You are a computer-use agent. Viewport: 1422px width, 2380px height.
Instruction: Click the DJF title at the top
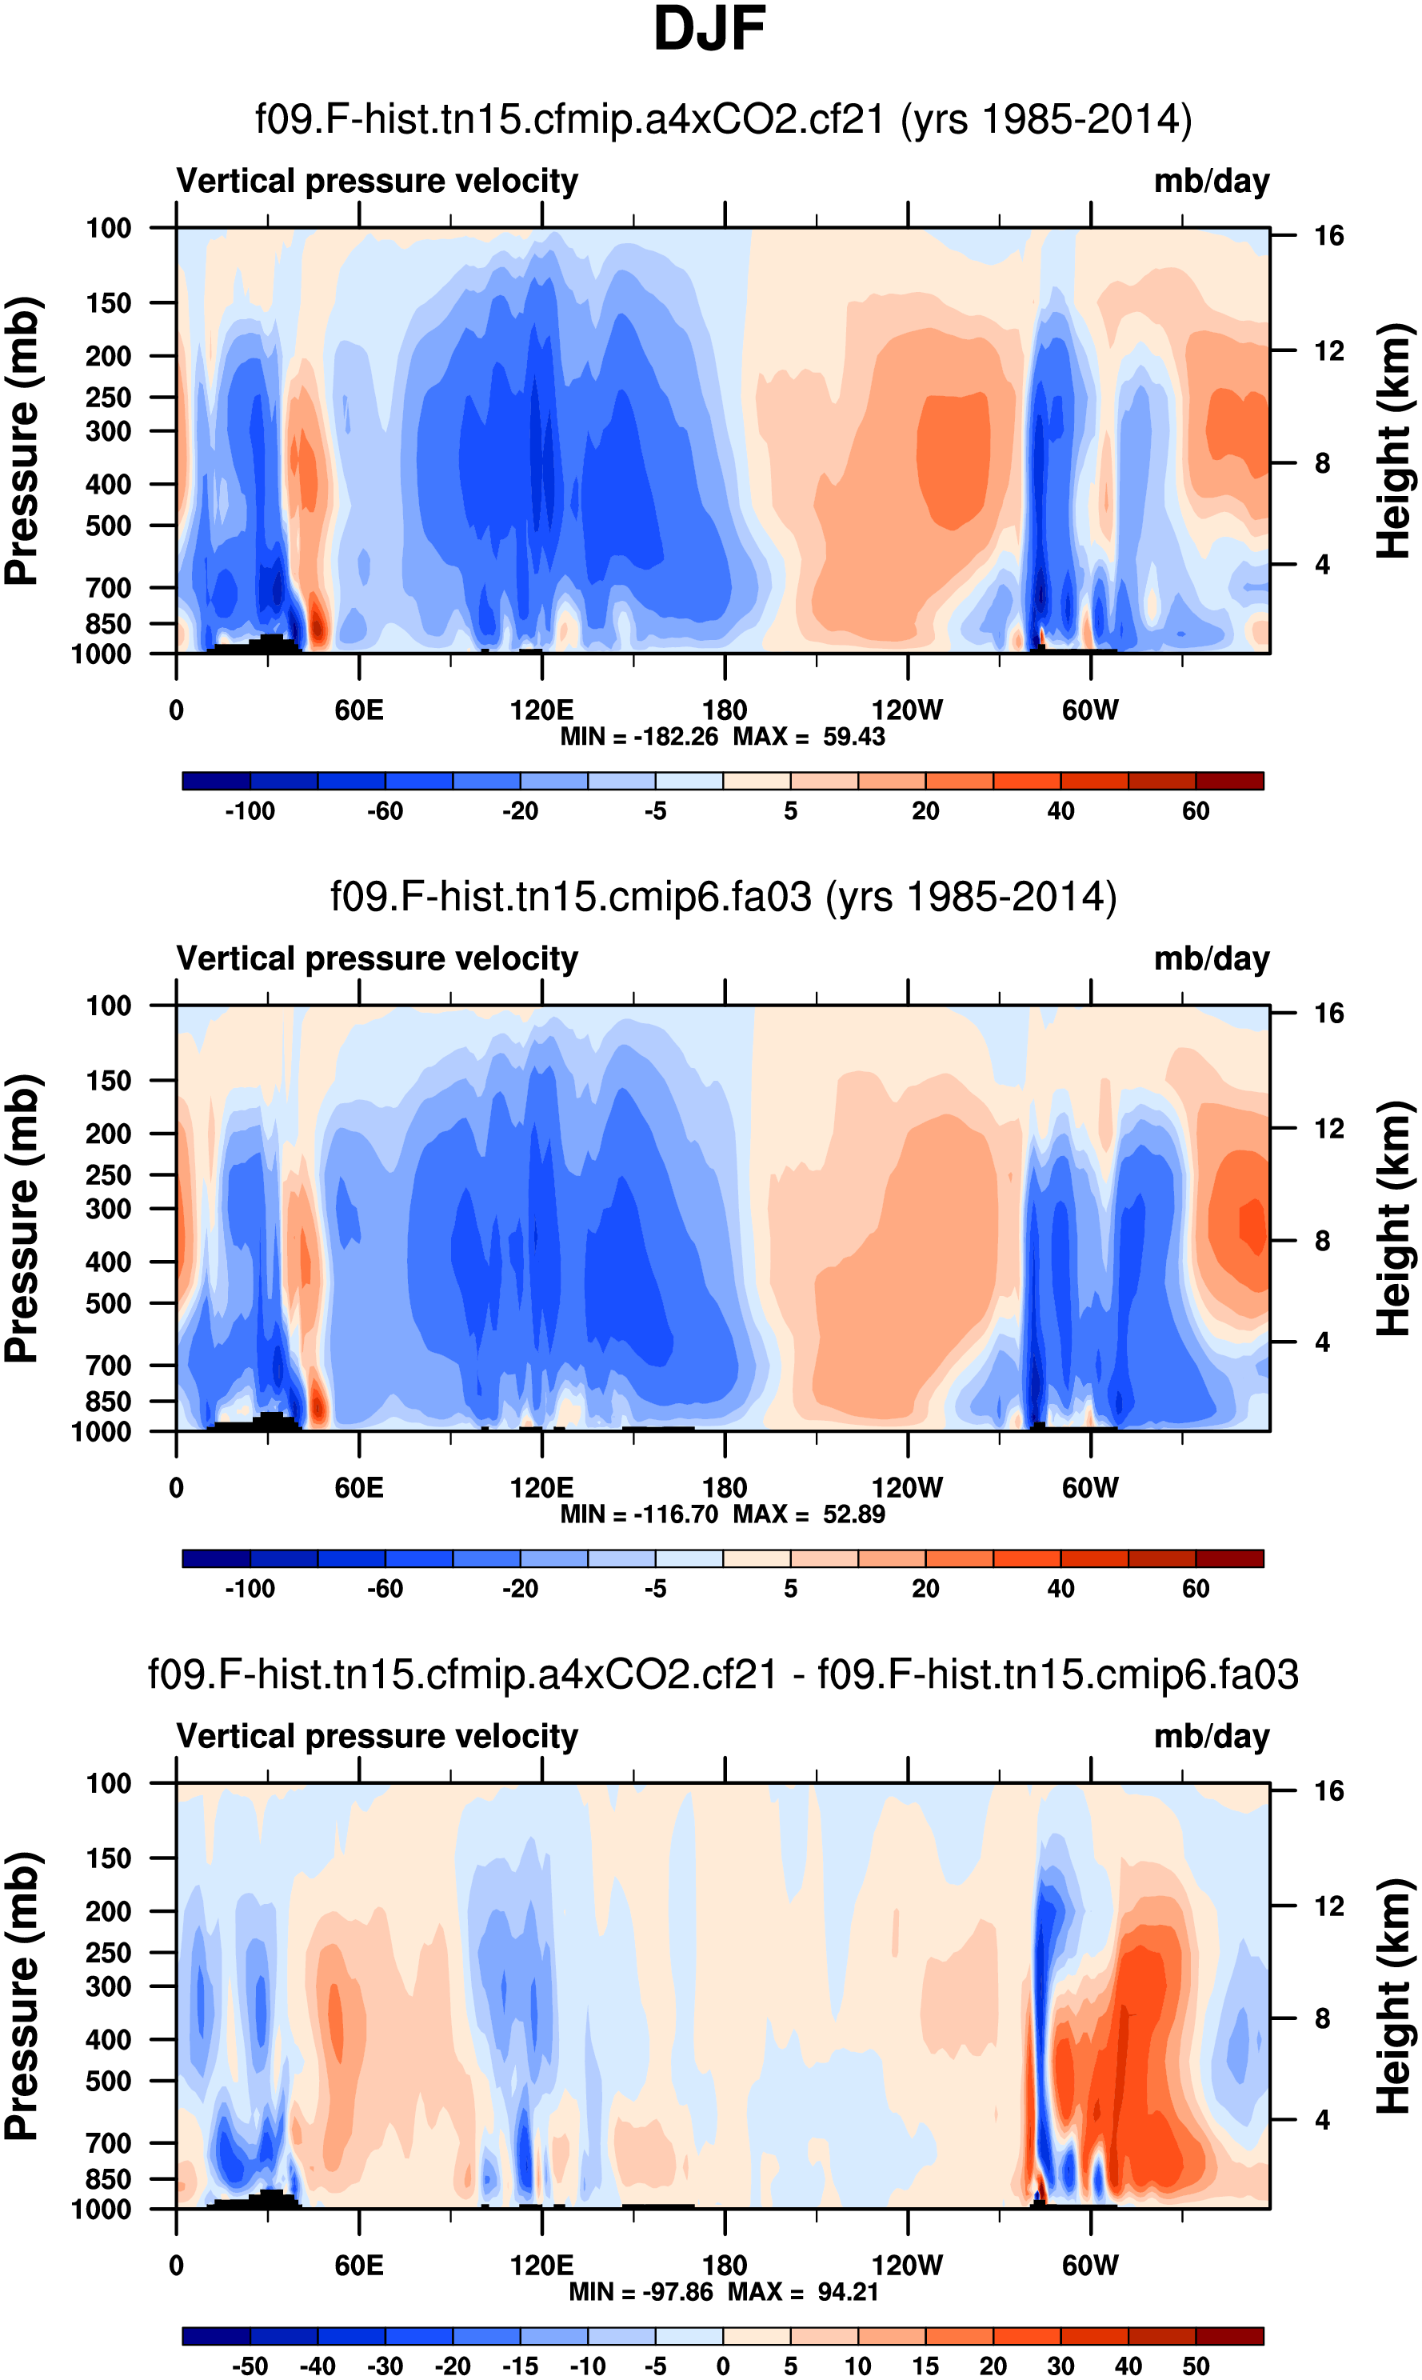pos(709,29)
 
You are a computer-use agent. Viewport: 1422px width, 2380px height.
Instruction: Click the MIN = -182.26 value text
pos(639,737)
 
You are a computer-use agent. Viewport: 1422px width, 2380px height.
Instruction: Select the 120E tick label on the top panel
pos(541,710)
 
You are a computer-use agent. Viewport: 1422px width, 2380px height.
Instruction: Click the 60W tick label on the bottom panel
pos(1089,2265)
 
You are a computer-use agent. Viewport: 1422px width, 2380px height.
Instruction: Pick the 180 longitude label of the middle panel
pos(725,1488)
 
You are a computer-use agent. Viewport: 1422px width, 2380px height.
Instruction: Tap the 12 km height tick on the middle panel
pos(1328,1129)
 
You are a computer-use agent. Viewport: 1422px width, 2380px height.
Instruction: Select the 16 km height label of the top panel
pos(1328,236)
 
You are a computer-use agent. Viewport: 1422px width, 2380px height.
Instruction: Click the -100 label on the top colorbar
pos(250,811)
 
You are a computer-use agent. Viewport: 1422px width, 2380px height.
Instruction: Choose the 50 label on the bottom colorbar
pos(1195,2366)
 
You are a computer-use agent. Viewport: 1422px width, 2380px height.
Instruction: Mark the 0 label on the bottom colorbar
pos(724,2366)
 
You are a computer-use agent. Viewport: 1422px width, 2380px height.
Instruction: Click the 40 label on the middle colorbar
pos(1060,1588)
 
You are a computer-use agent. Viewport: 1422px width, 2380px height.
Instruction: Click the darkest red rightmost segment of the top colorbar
pos(1229,780)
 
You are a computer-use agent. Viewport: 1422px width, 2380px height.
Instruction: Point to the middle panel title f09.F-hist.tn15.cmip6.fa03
pos(724,897)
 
